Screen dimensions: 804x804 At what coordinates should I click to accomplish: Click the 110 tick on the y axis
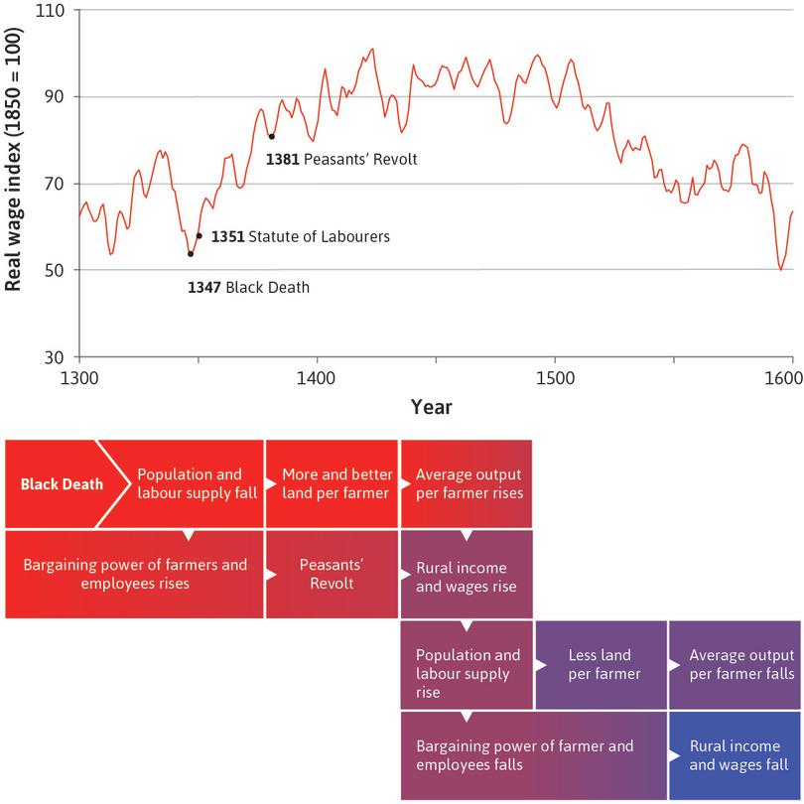pos(50,11)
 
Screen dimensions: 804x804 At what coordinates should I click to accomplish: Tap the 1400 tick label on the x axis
pos(317,378)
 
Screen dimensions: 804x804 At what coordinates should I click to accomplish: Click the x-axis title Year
pos(432,407)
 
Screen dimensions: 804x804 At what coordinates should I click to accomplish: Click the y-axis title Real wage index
pos(14,184)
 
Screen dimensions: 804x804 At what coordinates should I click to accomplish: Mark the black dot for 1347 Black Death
pos(191,254)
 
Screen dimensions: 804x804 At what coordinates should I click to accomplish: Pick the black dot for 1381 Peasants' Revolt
pos(271,136)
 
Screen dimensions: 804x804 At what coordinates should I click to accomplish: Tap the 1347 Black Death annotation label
pos(249,288)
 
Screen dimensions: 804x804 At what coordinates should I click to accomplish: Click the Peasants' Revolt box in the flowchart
pos(331,573)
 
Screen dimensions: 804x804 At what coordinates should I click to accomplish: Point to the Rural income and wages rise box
pos(466,576)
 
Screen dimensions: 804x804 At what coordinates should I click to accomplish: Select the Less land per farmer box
pos(601,664)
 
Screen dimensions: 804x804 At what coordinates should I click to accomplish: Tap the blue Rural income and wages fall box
pos(734,755)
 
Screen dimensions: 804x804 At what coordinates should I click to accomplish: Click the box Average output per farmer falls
pos(734,664)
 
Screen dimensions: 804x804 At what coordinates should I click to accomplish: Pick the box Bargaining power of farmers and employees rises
pos(134,573)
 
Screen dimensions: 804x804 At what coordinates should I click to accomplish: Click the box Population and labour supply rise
pos(466,673)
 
